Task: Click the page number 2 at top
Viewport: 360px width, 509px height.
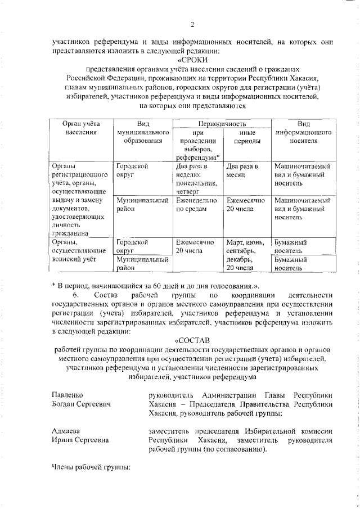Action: [192, 24]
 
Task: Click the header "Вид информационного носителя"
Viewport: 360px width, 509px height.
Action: [303, 132]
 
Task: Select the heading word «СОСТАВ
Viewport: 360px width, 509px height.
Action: [192, 340]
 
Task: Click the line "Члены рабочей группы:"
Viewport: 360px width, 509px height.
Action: [90, 467]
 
